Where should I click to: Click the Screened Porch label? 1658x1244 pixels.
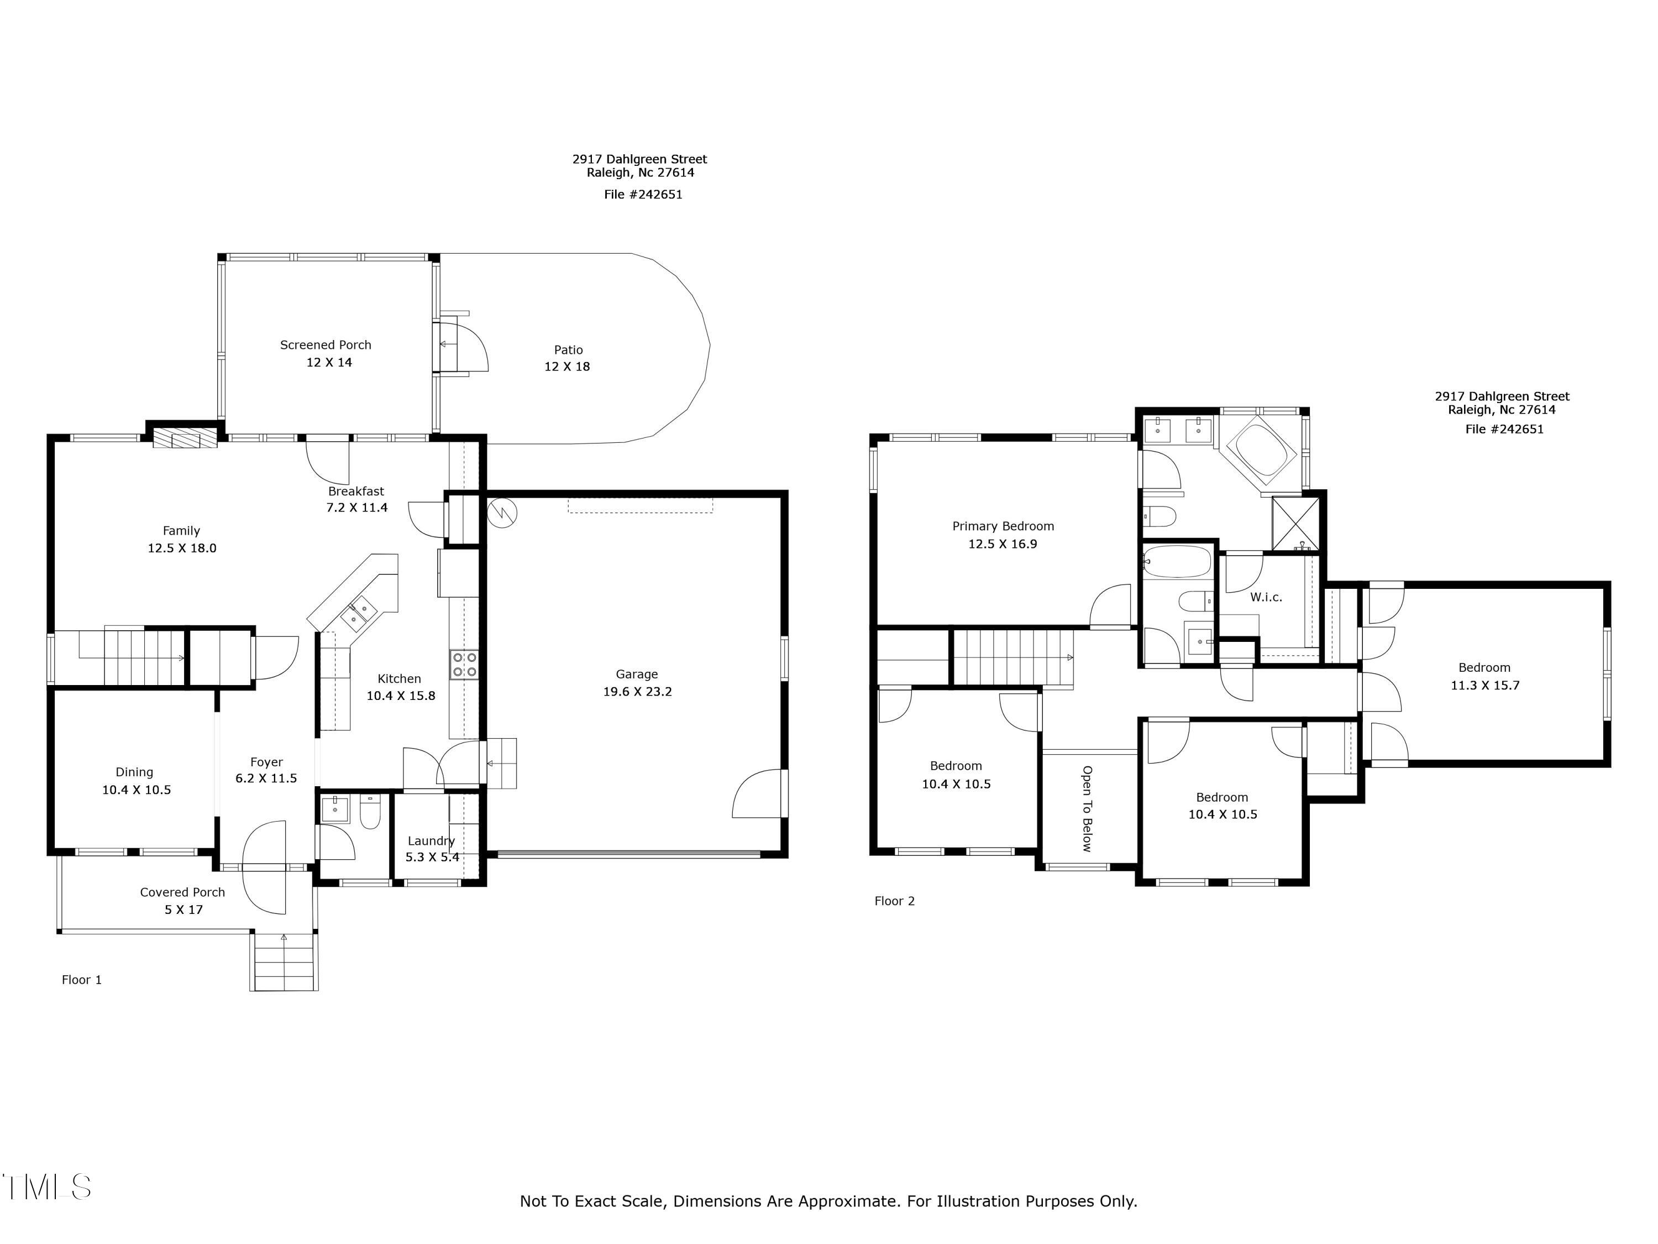(x=326, y=345)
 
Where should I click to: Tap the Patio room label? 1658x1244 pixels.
(x=568, y=349)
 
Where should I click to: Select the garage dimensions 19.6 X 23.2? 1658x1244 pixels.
(x=637, y=691)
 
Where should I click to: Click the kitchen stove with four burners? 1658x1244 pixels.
(x=464, y=665)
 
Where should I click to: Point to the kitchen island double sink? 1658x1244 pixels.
(x=359, y=611)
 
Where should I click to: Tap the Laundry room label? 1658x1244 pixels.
(x=431, y=840)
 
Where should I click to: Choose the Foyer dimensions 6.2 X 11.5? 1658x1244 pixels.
(x=266, y=778)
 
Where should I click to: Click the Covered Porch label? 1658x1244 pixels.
(x=182, y=892)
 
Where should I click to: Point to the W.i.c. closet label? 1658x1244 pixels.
(x=1266, y=598)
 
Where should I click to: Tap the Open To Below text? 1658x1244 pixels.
(x=1087, y=808)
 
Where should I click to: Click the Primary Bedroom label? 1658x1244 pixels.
(x=1003, y=526)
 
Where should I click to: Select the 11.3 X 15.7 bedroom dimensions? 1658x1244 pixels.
(x=1485, y=686)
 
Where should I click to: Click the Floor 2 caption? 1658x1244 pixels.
(x=894, y=901)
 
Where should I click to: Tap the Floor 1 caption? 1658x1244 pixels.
(x=82, y=980)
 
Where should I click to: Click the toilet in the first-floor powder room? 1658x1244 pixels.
(x=370, y=812)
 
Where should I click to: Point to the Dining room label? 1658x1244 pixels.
(x=134, y=772)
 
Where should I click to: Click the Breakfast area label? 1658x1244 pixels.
(x=356, y=491)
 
